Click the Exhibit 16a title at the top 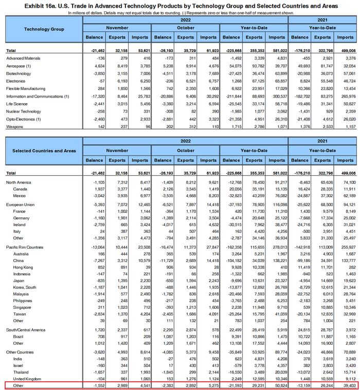point(180,5)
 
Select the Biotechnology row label point(19,74)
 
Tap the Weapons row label point(15,119)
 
